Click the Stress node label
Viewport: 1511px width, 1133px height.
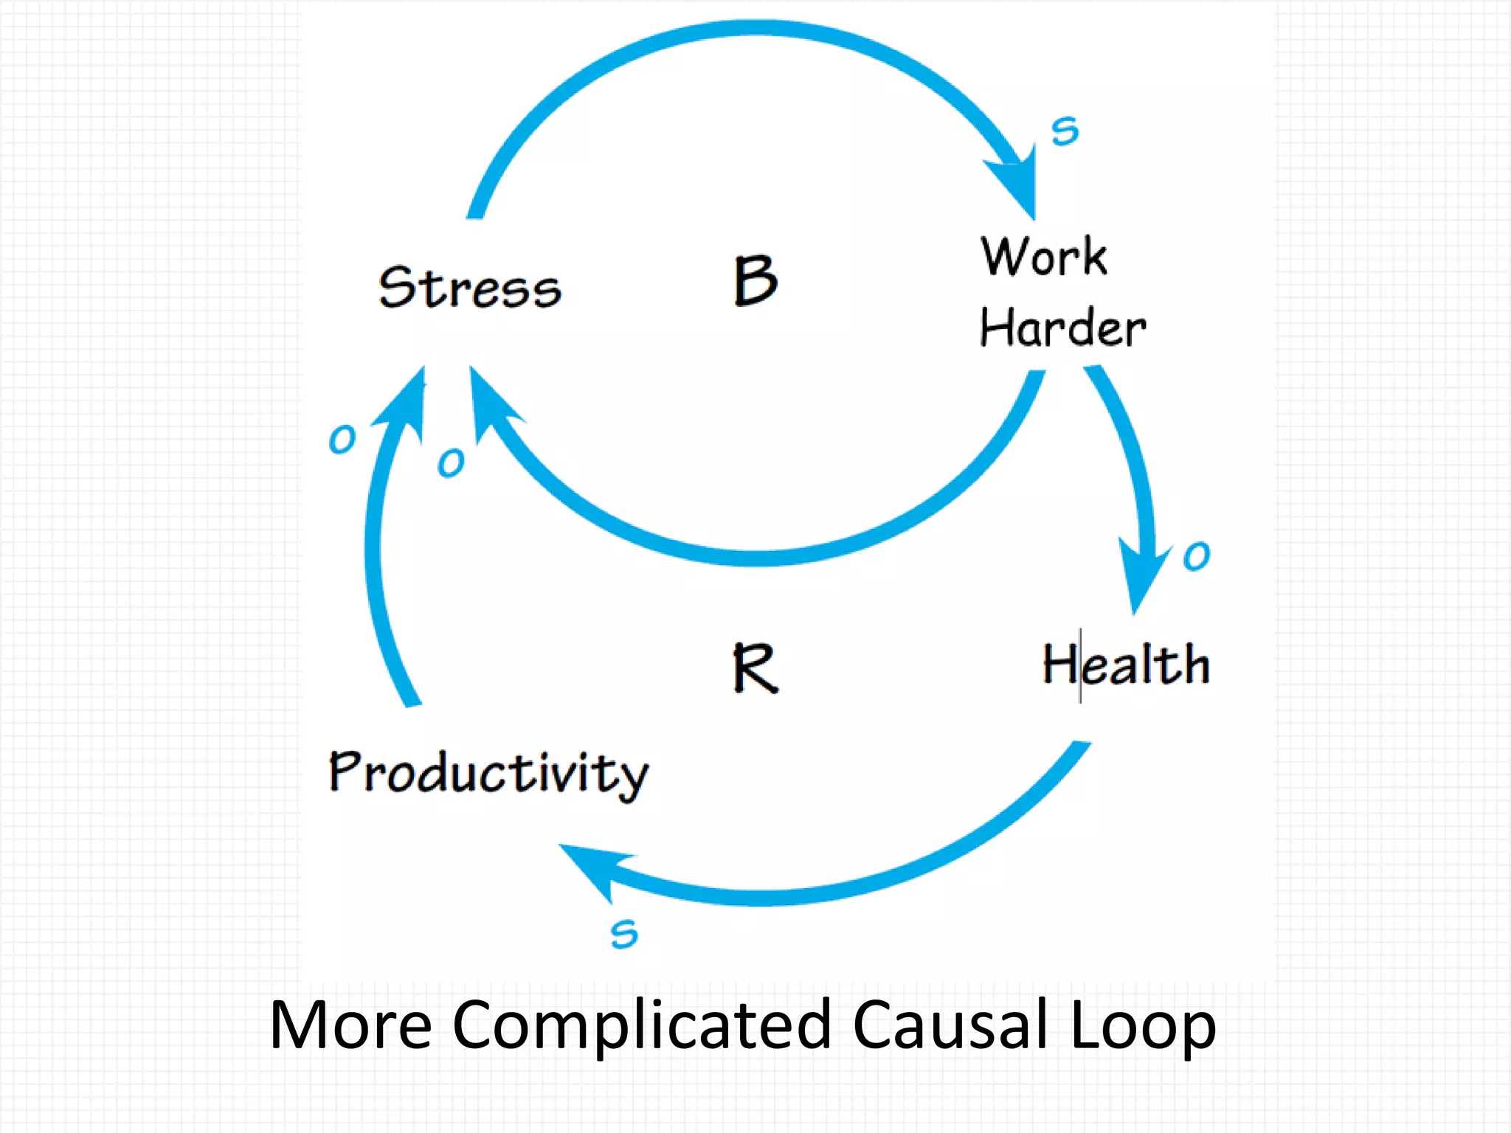coord(470,287)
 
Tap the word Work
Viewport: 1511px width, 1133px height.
coord(1044,257)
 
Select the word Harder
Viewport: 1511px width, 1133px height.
coord(1062,328)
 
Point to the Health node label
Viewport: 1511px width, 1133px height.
coord(1126,664)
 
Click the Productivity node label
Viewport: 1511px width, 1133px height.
coord(488,773)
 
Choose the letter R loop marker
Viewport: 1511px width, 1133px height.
coord(755,668)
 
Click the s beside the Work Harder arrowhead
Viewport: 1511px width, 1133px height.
coord(1065,131)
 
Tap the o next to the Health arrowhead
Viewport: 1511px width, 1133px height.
coord(1196,555)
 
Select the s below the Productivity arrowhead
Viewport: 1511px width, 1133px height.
coord(624,935)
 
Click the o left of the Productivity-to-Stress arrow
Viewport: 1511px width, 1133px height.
coord(342,440)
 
